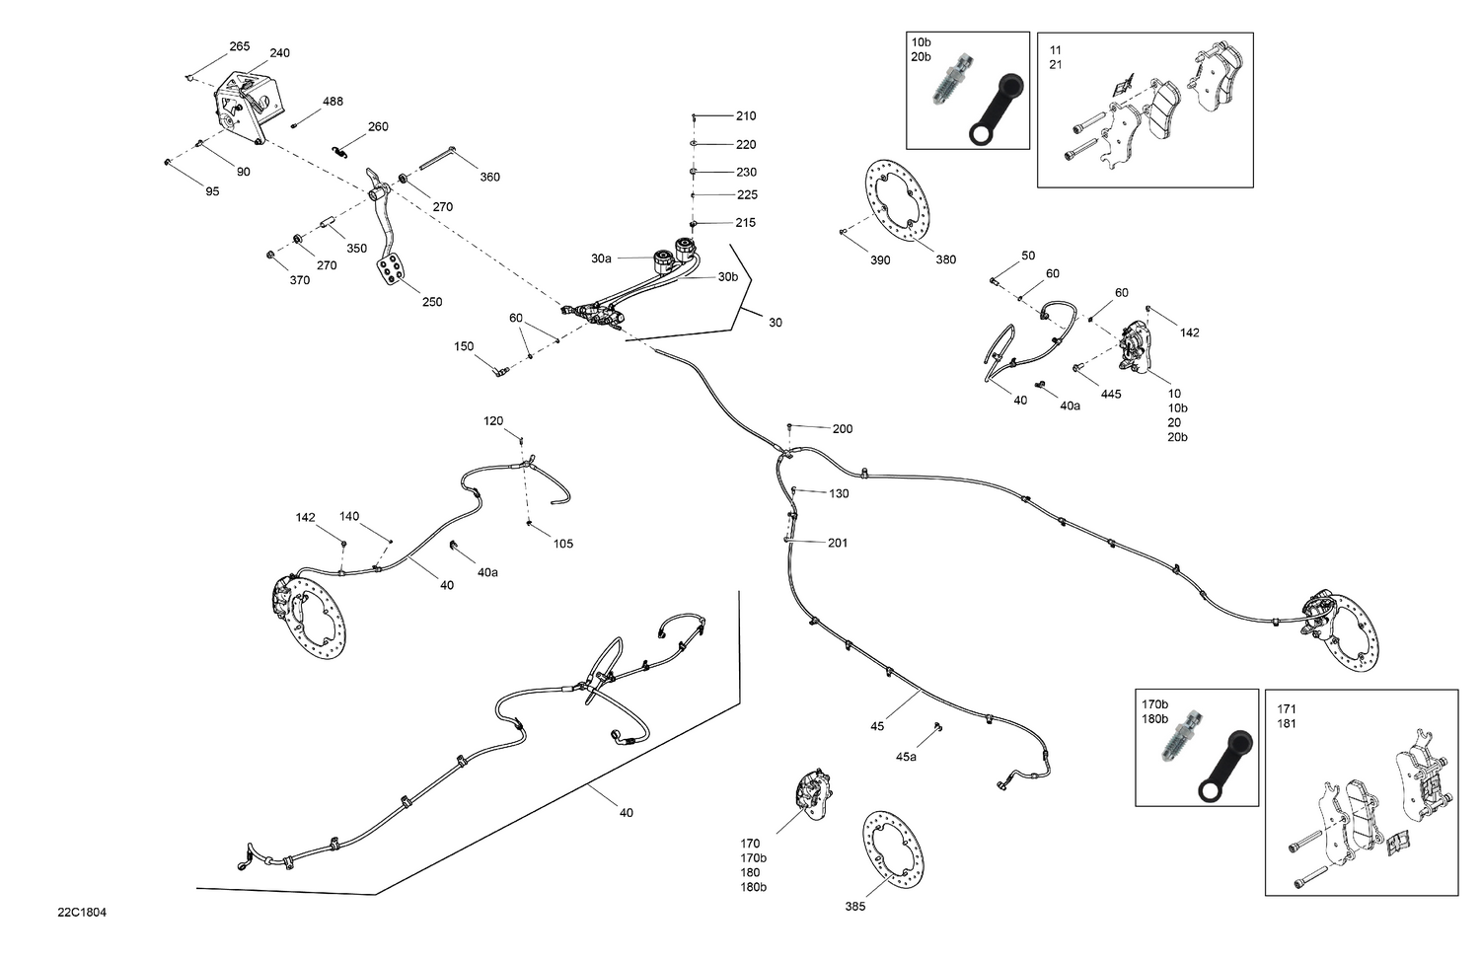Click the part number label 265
pos(240,46)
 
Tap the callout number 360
pos(489,178)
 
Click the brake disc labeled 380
pos(897,201)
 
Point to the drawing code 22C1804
pos(82,913)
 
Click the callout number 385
pos(854,906)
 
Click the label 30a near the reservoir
pos(601,258)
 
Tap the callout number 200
pos(842,429)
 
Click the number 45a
pos(906,757)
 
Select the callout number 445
pos(1111,394)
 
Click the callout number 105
pos(562,544)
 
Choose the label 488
pos(333,102)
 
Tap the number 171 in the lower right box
pos(1287,709)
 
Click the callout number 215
pos(746,223)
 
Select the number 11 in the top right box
pos(1056,50)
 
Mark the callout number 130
pos(838,493)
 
